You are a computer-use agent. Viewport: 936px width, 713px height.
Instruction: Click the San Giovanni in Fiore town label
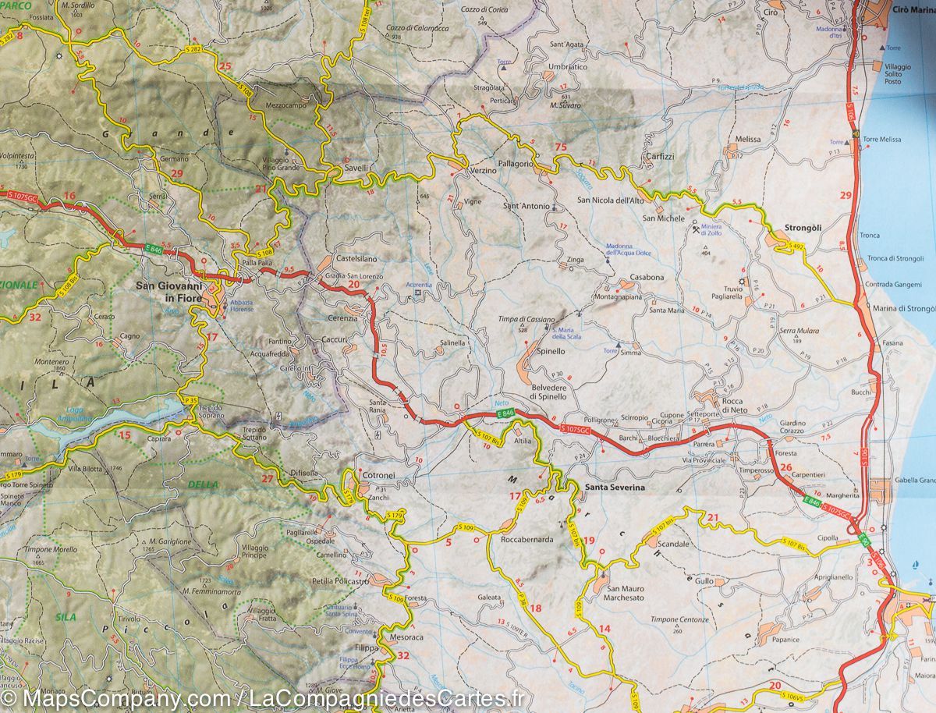coord(169,292)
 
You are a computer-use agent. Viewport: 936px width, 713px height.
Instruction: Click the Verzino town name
coord(484,171)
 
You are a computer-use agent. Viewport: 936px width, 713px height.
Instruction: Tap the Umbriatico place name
coord(567,67)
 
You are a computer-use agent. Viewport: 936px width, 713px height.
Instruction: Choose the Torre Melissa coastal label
coord(879,140)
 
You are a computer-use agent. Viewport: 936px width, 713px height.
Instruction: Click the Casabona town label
coord(647,278)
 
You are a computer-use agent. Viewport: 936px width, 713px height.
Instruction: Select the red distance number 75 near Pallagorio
coord(559,148)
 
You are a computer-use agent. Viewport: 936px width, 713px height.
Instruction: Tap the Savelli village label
coord(356,168)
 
